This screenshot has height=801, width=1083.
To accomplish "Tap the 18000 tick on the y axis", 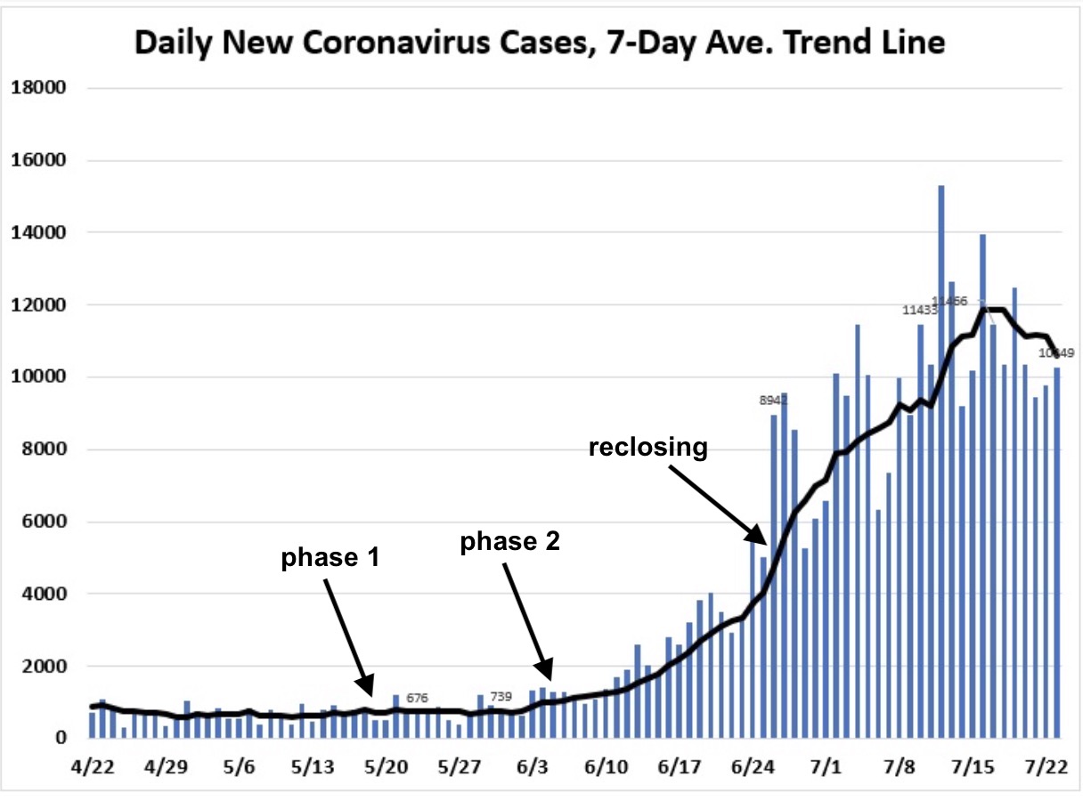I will (x=37, y=88).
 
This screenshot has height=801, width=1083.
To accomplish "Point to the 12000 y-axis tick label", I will (x=37, y=305).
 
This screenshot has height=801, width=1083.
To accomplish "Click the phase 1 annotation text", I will (x=331, y=559).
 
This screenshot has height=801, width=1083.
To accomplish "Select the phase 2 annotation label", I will (x=509, y=542).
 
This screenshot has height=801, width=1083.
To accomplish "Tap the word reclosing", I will (x=648, y=448).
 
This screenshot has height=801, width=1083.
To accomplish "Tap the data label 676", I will (x=417, y=698).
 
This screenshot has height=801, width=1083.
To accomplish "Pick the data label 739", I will (x=501, y=696).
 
